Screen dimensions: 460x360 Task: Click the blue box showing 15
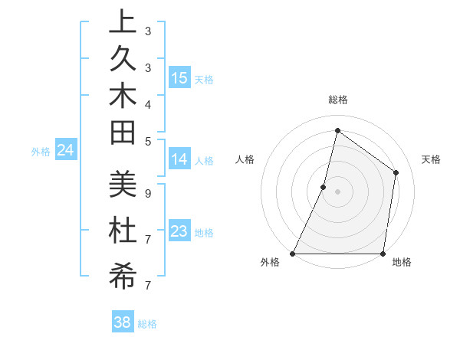[179, 78]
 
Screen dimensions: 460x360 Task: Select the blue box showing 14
[179, 159]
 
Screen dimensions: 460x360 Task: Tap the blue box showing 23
[179, 231]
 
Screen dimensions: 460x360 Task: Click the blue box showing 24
[66, 150]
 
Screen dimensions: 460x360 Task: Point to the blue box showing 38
[122, 322]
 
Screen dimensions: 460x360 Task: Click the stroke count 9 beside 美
[147, 194]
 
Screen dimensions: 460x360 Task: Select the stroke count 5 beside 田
[147, 141]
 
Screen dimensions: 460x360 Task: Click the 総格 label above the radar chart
[337, 100]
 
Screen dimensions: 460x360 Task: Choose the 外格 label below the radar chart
[270, 263]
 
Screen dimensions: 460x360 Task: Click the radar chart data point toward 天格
[396, 172]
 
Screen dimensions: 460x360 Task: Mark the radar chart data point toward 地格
[383, 254]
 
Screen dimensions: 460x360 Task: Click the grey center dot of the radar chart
[337, 191]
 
